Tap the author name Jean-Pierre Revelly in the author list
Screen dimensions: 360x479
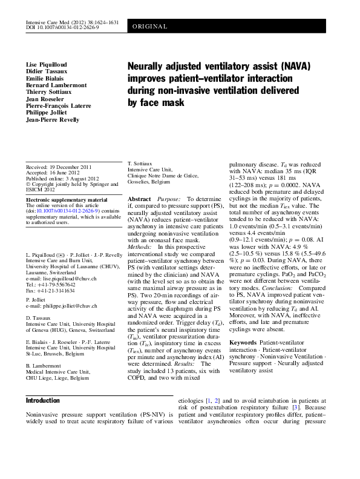(x=53, y=120)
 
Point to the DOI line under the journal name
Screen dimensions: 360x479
(x=62, y=28)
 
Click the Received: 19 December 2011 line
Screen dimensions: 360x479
(x=59, y=167)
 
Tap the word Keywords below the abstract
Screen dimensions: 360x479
(x=243, y=343)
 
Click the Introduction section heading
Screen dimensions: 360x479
(x=42, y=401)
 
